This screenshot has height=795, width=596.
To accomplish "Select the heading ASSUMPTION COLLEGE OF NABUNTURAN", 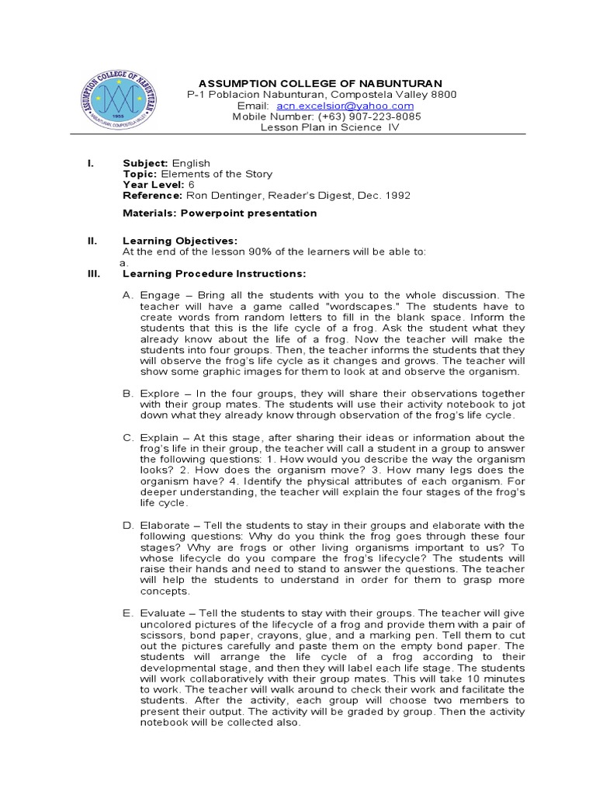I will coord(321,83).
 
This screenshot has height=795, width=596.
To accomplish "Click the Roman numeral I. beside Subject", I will coord(91,163).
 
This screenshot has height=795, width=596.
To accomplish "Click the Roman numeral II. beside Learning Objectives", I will coord(92,241).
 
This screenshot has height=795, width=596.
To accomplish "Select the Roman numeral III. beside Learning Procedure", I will coord(93,274).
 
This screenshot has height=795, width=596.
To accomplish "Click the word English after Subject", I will coord(191,163).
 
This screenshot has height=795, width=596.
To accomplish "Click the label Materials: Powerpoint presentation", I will coord(220,213).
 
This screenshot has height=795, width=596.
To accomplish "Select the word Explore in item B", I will coord(161,394).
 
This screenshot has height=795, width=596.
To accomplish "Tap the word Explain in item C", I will coord(161,438).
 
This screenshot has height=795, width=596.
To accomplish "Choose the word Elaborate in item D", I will coord(166,526).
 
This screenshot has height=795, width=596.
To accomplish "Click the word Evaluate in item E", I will coord(165,614).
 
